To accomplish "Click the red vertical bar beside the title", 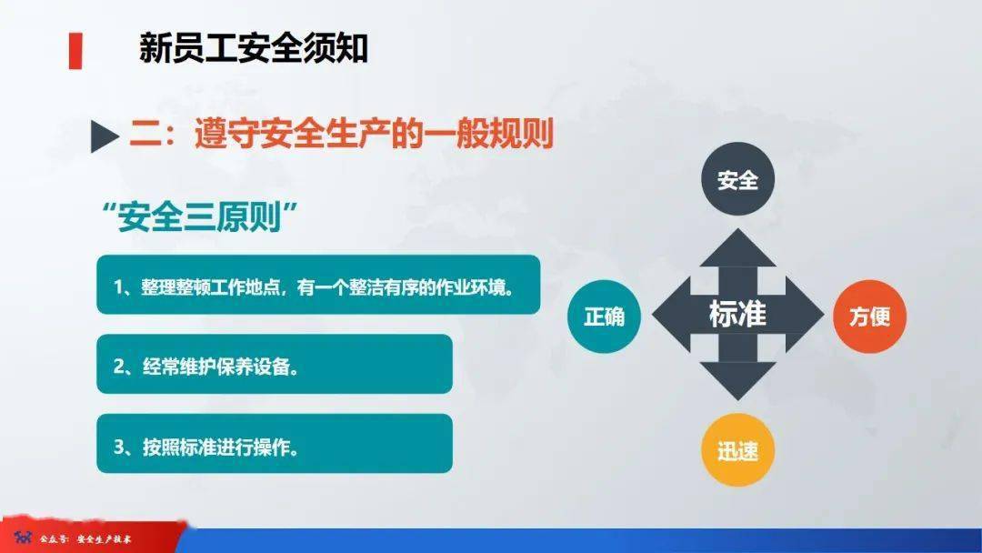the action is [75, 51].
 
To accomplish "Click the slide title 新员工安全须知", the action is [253, 49].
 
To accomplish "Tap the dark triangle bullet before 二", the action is [105, 136].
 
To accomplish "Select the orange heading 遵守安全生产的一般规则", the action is [374, 134].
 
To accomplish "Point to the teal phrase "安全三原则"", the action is [199, 216].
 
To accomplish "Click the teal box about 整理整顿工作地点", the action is [318, 285].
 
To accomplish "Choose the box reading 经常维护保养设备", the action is [275, 364].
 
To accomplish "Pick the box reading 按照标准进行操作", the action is [275, 444].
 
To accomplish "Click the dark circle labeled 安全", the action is [737, 179].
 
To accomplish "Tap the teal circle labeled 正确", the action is [605, 317].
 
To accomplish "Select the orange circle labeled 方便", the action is [870, 317].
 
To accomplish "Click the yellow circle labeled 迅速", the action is [737, 449].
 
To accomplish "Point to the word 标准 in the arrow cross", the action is [737, 314].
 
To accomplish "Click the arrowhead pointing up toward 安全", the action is [737, 248].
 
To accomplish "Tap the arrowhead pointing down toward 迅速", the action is [737, 381].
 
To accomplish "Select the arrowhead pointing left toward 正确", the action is [671, 315].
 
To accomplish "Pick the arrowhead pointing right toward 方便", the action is [805, 315].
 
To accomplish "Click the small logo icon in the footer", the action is [23, 538].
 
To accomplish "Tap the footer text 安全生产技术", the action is [104, 538].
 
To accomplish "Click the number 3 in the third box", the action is [119, 447].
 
